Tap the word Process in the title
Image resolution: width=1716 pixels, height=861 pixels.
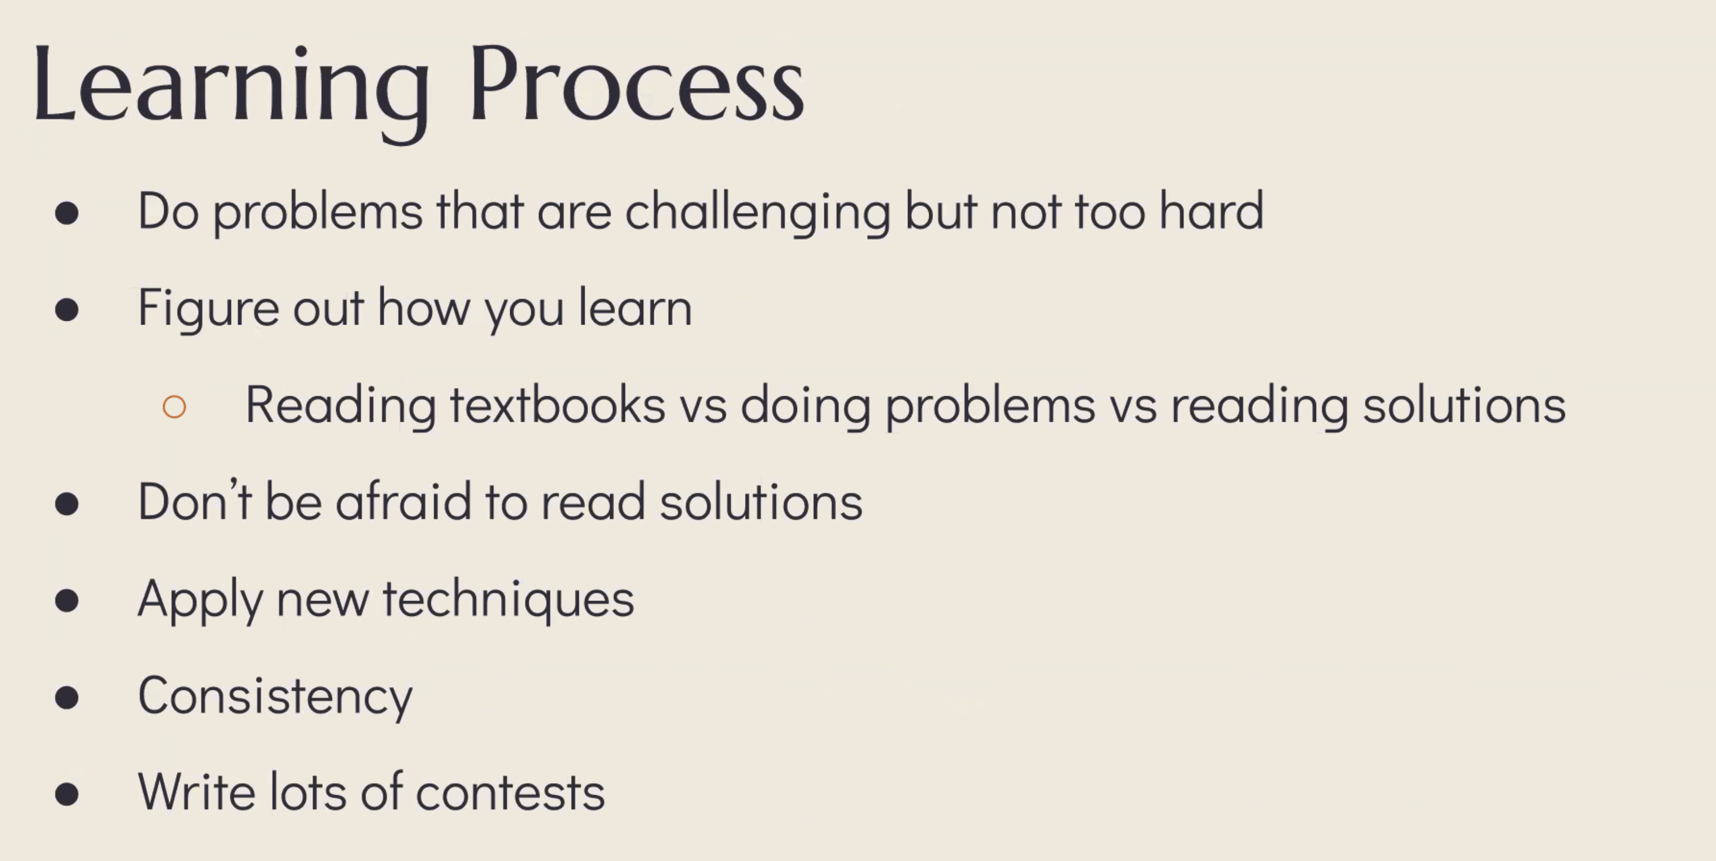pyautogui.click(x=637, y=83)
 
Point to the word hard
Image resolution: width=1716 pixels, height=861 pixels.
pyautogui.click(x=1211, y=210)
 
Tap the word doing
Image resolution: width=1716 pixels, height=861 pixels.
pyautogui.click(x=805, y=407)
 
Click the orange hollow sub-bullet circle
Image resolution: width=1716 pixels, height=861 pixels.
pyautogui.click(x=174, y=407)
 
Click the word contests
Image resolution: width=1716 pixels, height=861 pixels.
pyautogui.click(x=510, y=793)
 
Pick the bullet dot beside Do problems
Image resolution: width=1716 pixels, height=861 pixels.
pyautogui.click(x=67, y=213)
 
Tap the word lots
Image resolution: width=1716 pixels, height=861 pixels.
pyautogui.click(x=308, y=791)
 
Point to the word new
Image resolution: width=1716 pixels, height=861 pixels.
pyautogui.click(x=322, y=601)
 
